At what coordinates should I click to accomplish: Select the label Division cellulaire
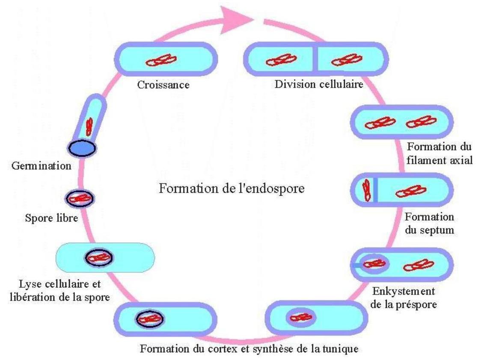click(x=318, y=84)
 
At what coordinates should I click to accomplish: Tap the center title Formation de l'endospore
click(x=232, y=188)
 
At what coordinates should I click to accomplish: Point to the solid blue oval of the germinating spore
click(x=82, y=148)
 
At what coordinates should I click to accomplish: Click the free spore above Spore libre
click(x=80, y=198)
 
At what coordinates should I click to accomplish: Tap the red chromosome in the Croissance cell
click(x=162, y=61)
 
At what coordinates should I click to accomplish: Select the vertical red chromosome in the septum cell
click(x=366, y=189)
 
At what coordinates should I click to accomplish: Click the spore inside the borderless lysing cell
click(x=99, y=257)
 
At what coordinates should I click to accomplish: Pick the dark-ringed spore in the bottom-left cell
click(x=150, y=319)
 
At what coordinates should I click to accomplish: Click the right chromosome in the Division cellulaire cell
click(x=347, y=60)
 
